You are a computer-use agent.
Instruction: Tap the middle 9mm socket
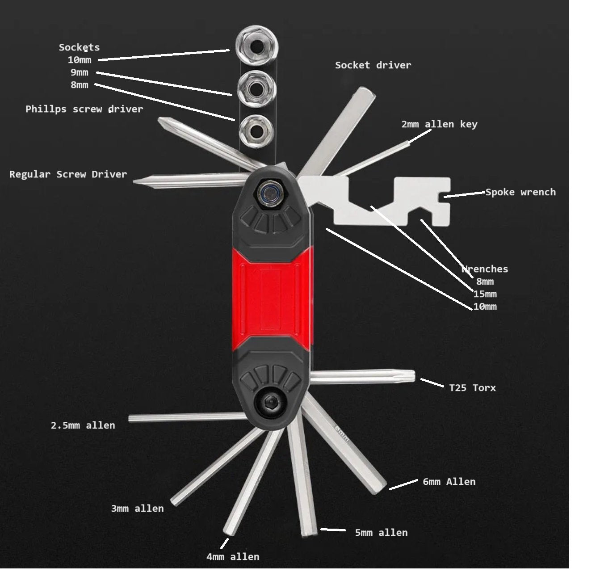pos(256,89)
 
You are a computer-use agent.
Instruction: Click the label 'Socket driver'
pos(373,65)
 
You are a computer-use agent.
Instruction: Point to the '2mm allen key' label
pos(439,124)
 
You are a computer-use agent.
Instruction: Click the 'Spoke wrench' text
pos(520,192)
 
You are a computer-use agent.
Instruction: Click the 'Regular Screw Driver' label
pos(68,174)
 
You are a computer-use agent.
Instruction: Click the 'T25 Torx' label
pos(472,388)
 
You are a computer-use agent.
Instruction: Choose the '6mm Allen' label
pos(449,482)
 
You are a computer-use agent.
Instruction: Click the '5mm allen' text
pos(381,533)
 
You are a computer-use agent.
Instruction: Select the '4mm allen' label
pos(233,557)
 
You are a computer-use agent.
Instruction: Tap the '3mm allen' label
pos(138,509)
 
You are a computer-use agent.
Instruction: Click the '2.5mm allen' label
pos(83,425)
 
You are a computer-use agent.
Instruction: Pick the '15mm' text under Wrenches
pos(485,294)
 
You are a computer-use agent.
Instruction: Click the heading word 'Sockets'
pos(79,47)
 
